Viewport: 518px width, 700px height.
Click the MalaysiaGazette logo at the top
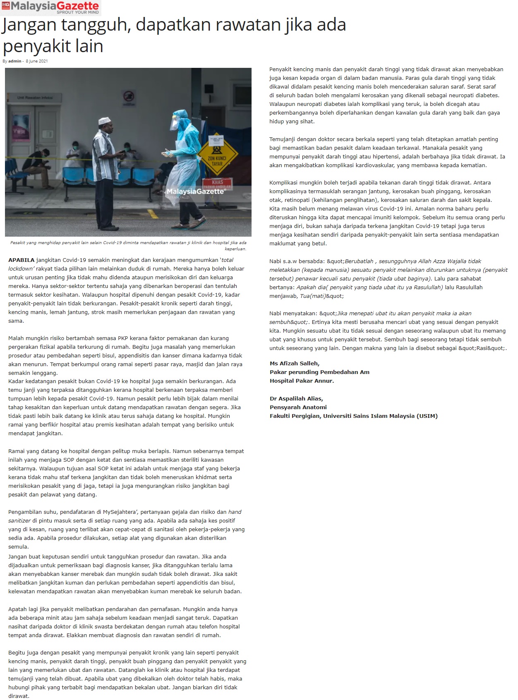[50, 7]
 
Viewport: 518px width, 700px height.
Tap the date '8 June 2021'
[37, 61]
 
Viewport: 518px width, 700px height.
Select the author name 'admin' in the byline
[14, 61]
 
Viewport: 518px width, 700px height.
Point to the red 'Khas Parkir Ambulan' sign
[217, 183]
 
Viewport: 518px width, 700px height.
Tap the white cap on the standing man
[104, 121]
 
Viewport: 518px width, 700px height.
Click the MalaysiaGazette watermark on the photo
[195, 192]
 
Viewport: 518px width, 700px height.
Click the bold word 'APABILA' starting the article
[22, 260]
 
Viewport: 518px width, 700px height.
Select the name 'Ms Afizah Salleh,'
[295, 363]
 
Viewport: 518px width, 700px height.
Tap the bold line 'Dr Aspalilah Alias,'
[296, 398]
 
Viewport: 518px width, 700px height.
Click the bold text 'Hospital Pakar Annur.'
[302, 381]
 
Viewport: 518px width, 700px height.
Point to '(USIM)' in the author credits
[427, 416]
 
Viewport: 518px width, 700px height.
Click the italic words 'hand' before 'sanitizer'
[235, 512]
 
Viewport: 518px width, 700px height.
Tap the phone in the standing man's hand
[121, 153]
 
